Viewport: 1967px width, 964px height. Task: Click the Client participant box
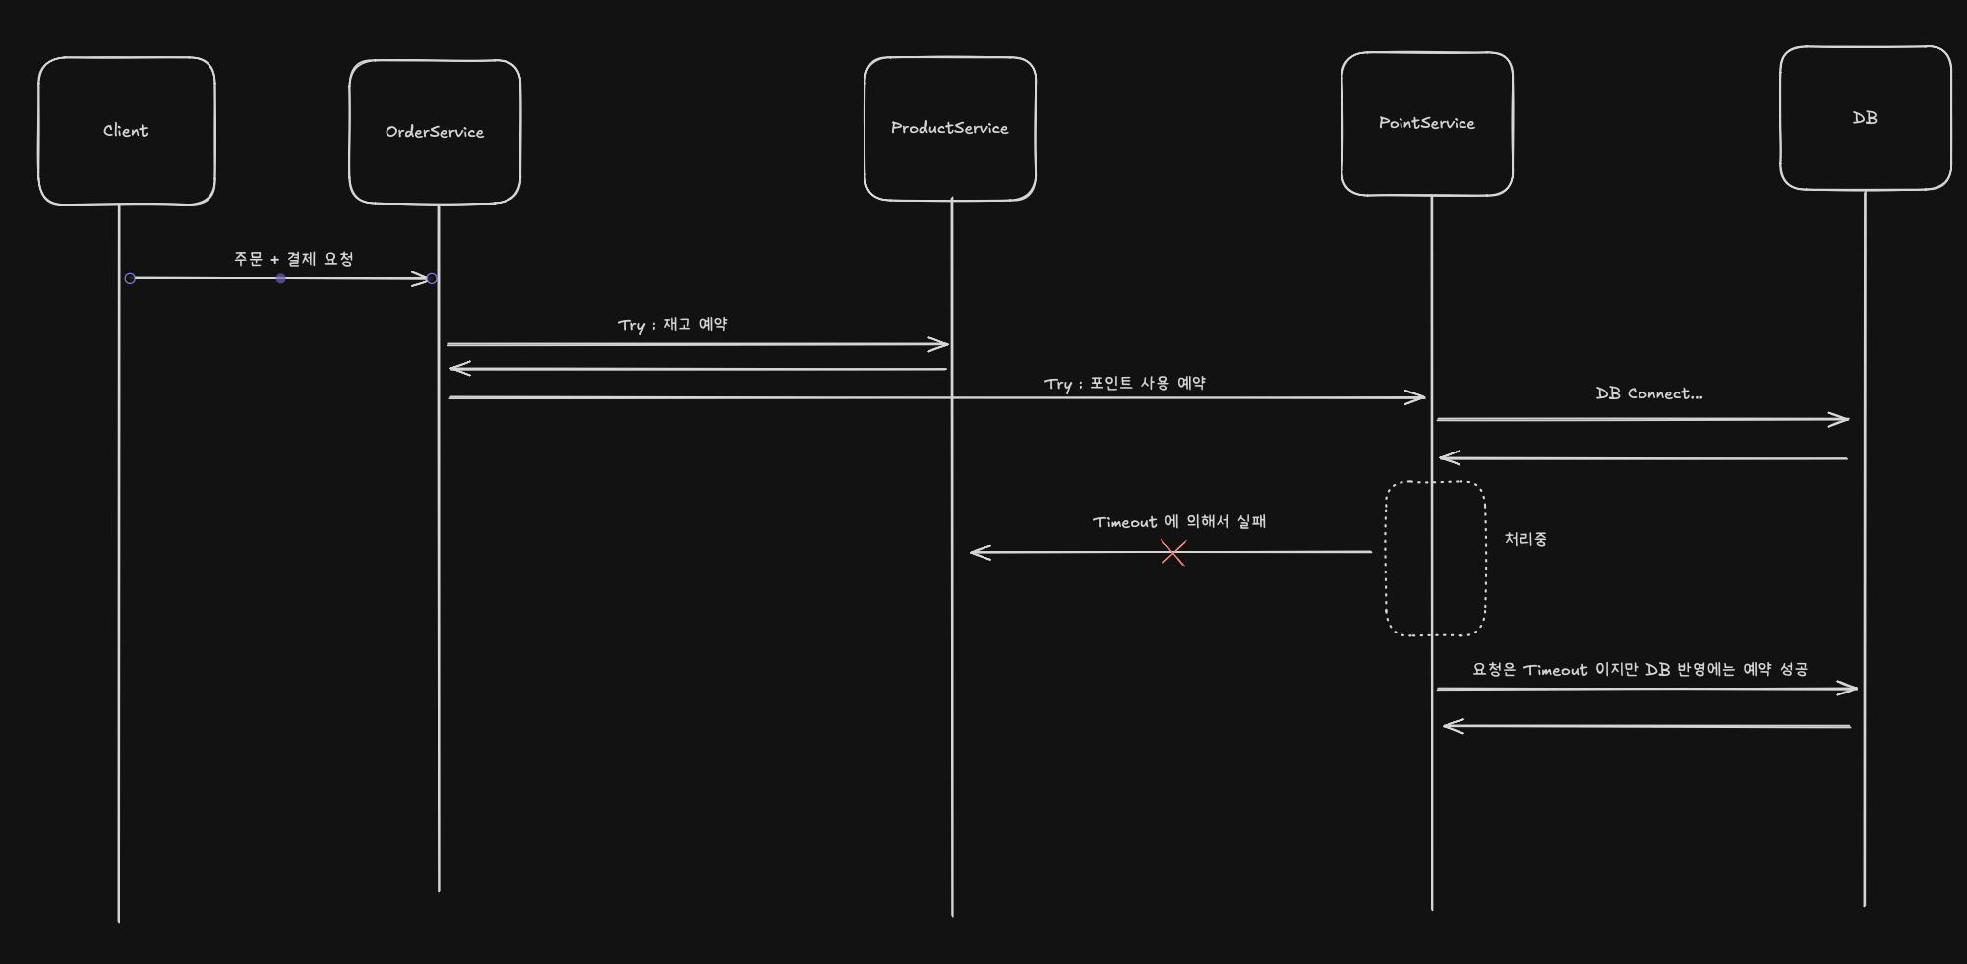(x=126, y=131)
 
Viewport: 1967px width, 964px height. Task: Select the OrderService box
(x=435, y=132)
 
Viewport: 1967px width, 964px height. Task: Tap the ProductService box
(x=950, y=128)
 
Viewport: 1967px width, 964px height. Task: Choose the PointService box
(x=1427, y=123)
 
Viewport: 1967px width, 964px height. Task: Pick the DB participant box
(x=1865, y=118)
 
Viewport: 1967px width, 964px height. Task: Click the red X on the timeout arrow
(x=1173, y=553)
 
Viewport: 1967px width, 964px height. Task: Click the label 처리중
(x=1525, y=539)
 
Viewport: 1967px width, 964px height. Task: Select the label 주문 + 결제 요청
(x=293, y=259)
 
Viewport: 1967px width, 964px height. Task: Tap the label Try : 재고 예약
(x=673, y=325)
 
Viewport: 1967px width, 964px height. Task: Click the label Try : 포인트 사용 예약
(x=1124, y=383)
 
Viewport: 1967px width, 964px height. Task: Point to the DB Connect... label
(x=1648, y=393)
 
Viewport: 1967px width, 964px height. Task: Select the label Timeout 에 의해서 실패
(x=1178, y=522)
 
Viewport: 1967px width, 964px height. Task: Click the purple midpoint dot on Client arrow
(x=281, y=279)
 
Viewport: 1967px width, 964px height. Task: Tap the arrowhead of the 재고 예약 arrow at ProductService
(x=942, y=344)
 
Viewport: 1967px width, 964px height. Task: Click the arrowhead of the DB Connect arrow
(x=1842, y=420)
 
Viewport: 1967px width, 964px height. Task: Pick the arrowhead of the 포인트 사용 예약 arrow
(x=1418, y=397)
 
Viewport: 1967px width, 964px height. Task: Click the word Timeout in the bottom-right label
(x=1555, y=670)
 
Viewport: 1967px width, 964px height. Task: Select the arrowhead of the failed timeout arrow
(x=977, y=552)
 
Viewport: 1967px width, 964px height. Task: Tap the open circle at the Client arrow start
(x=130, y=279)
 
